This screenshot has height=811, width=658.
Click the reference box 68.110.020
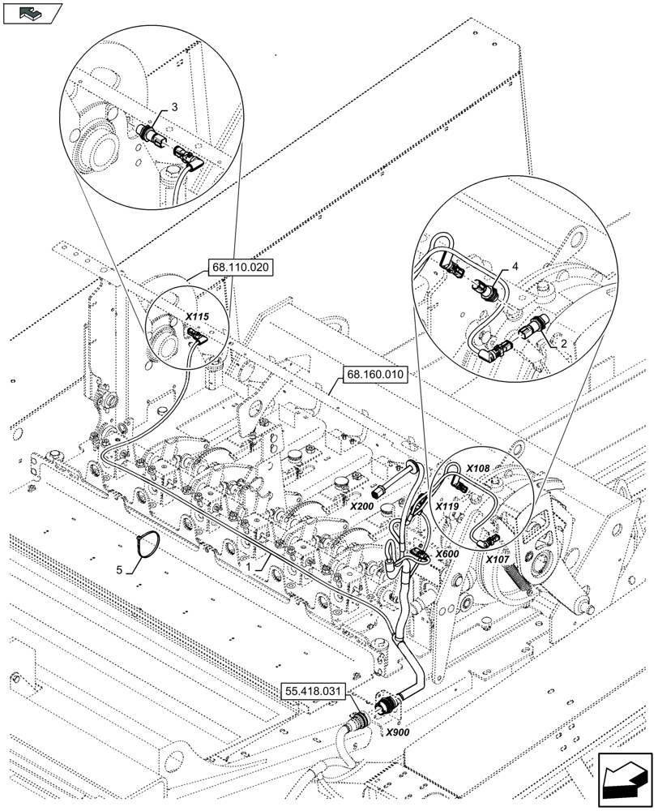point(243,266)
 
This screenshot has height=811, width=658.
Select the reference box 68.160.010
point(378,375)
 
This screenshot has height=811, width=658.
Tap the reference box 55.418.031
point(314,691)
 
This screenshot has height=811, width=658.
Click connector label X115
point(197,316)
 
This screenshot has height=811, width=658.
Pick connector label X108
point(478,468)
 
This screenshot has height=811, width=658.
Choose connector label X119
point(447,506)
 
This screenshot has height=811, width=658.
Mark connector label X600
point(446,554)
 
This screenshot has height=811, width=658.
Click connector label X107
point(499,559)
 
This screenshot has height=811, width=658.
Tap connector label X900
point(398,732)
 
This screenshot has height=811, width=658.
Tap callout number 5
point(118,570)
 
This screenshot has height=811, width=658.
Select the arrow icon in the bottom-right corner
point(624,781)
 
